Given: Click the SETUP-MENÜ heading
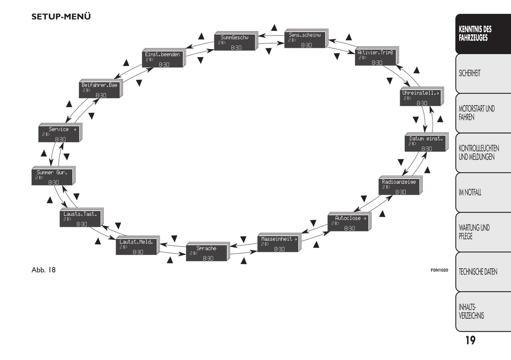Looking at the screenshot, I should [61, 17].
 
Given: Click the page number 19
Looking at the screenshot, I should [470, 341].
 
